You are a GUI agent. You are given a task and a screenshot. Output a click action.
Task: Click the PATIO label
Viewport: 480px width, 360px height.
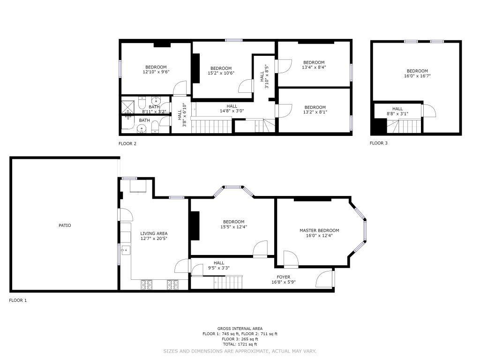[x=65, y=225]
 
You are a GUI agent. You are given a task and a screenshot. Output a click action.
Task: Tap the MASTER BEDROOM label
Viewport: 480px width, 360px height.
[x=319, y=231]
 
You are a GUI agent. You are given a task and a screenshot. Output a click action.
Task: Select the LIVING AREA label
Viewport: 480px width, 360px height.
[x=154, y=233]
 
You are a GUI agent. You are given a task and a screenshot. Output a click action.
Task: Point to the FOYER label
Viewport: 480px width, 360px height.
[x=284, y=277]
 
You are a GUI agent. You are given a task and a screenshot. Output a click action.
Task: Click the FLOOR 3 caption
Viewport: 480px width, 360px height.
[x=379, y=143]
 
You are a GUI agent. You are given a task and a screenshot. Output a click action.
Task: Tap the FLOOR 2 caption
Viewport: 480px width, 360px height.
[x=127, y=143]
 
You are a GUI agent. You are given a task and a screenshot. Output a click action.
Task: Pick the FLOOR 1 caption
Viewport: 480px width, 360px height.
[x=18, y=300]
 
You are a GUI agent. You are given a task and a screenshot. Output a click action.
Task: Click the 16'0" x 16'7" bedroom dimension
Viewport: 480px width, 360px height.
[x=417, y=76]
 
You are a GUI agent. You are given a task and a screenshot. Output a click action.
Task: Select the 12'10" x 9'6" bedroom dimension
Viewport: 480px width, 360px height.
[x=156, y=72]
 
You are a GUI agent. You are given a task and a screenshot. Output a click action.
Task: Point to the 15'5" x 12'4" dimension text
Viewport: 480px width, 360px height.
[x=233, y=227]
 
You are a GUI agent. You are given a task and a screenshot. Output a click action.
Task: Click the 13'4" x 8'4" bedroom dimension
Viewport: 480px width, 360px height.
[x=314, y=67]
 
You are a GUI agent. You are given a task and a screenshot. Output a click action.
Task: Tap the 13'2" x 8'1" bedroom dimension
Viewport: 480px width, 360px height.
[x=315, y=112]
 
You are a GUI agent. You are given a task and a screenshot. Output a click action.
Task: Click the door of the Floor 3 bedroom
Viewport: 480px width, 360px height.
[x=428, y=111]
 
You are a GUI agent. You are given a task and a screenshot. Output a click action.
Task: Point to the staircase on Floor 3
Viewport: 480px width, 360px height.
[x=404, y=126]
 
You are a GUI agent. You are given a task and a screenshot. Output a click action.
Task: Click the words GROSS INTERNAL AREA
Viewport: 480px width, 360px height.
[x=240, y=329]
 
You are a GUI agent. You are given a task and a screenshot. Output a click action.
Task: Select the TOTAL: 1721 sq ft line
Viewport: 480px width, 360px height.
[x=240, y=345]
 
